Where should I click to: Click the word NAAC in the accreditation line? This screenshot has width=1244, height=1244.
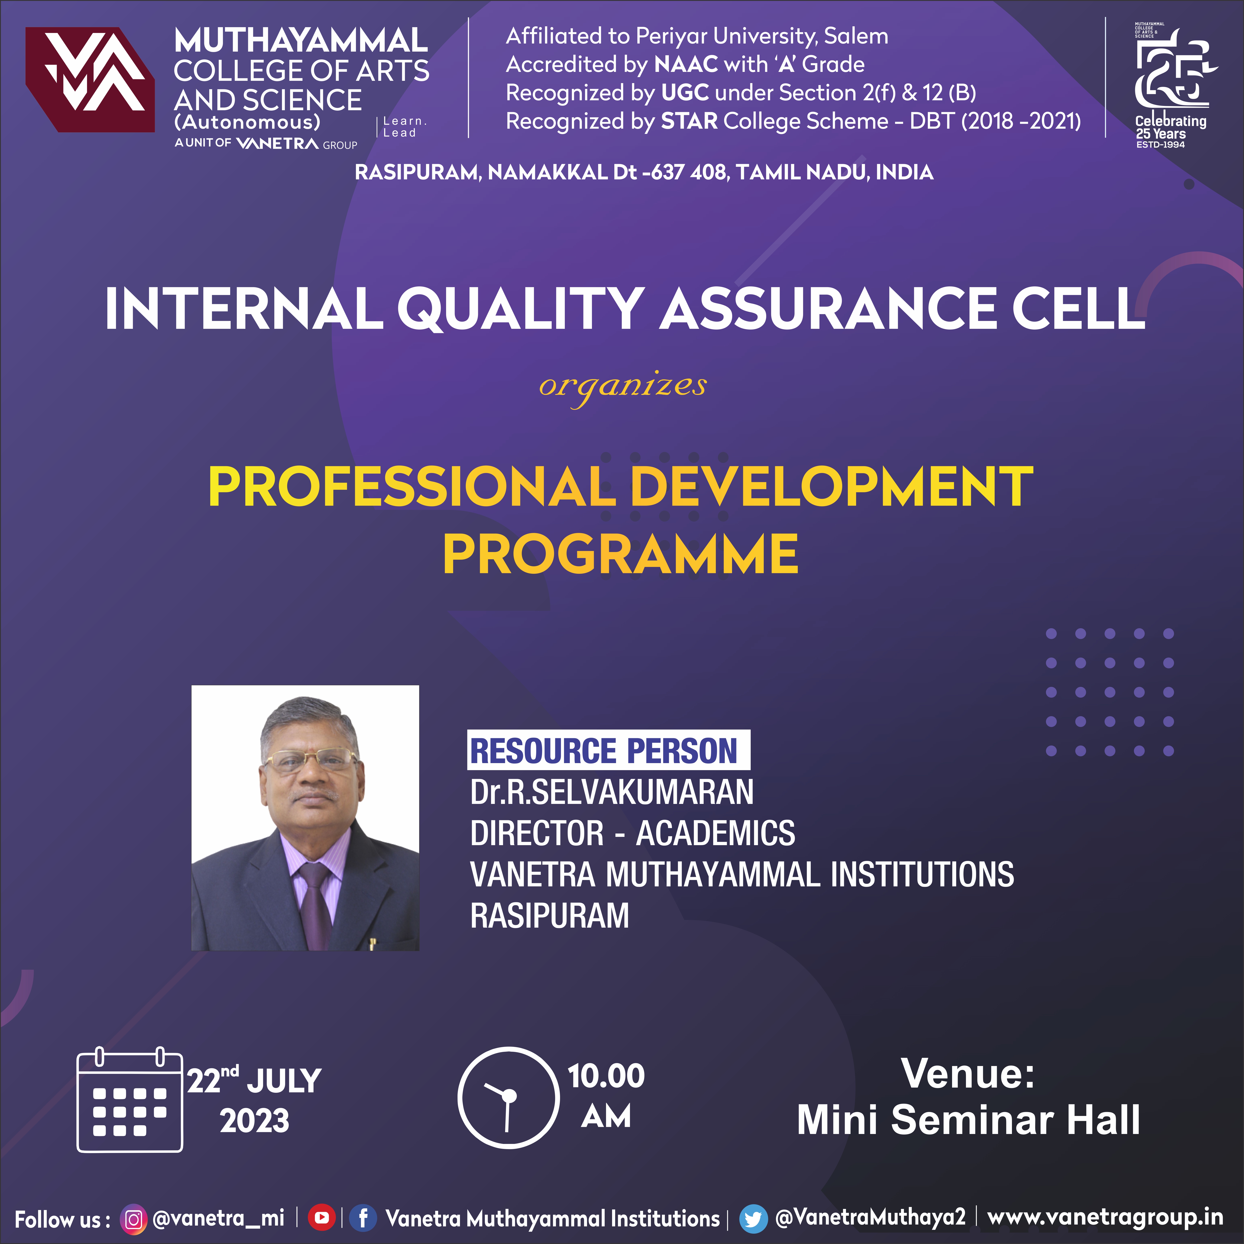(686, 64)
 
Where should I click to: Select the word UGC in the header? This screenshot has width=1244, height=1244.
(684, 93)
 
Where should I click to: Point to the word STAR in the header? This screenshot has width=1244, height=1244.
(689, 121)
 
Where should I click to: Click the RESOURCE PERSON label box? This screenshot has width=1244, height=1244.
(609, 749)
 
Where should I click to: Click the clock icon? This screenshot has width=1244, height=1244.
(509, 1098)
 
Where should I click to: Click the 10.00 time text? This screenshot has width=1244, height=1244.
(606, 1076)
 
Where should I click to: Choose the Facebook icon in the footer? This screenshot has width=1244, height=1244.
(363, 1218)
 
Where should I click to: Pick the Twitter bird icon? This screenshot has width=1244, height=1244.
(753, 1218)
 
